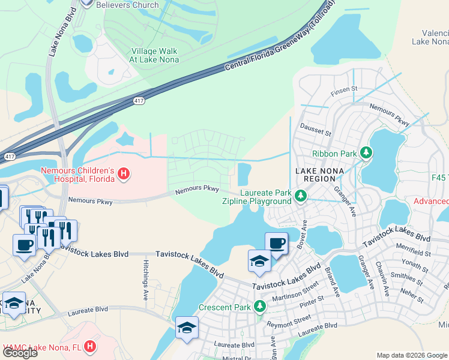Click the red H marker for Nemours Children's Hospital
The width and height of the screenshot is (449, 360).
(x=124, y=175)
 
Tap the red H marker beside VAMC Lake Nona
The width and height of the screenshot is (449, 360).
(x=89, y=347)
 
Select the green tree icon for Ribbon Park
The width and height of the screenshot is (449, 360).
(x=365, y=153)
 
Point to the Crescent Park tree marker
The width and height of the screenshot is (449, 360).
(x=260, y=307)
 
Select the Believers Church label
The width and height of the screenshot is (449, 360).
(x=127, y=5)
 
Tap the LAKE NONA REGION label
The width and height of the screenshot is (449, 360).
(x=320, y=176)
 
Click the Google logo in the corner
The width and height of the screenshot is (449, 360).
(x=20, y=353)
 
